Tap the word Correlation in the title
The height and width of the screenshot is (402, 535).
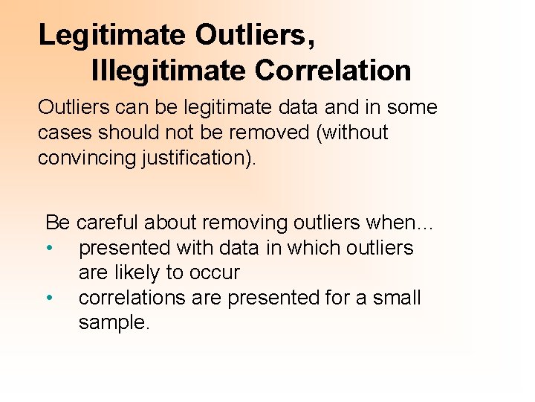click(332, 71)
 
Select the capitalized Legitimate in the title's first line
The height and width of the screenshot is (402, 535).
click(111, 34)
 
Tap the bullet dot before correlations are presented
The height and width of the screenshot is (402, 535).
click(48, 298)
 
